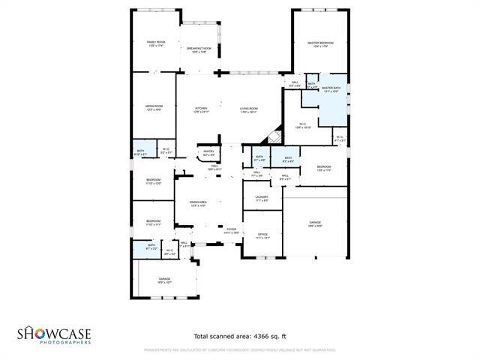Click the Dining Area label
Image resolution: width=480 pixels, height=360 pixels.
point(198,203)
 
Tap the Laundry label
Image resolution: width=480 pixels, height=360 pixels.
point(262,198)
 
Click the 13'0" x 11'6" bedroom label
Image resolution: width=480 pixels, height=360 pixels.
point(323,168)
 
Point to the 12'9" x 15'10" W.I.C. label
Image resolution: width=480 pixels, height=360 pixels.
point(302,126)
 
